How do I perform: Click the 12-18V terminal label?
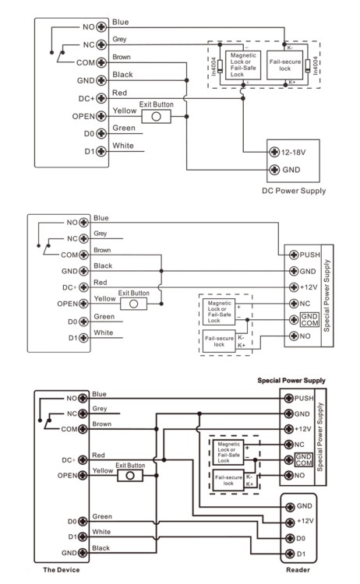point(294,151)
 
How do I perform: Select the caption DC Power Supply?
point(293,191)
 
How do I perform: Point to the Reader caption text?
point(297,570)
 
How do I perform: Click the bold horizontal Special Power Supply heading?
point(291,380)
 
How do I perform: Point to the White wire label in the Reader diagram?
point(102,532)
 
